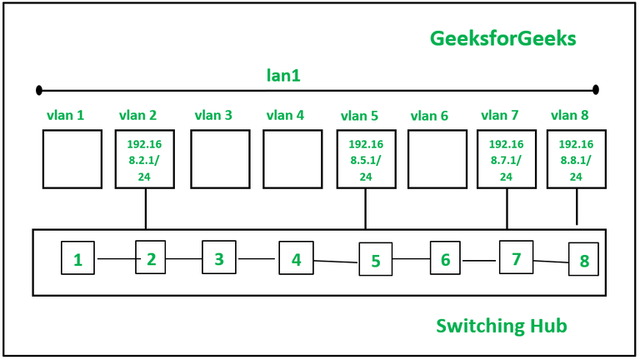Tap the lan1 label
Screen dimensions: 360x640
[x=283, y=75]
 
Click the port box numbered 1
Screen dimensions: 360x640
[x=77, y=259]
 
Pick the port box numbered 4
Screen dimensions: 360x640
[x=296, y=259]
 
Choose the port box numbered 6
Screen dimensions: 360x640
[x=445, y=259]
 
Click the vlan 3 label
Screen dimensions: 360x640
[x=213, y=115]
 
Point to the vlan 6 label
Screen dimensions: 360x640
[x=429, y=116]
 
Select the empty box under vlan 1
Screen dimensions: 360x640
[x=72, y=158]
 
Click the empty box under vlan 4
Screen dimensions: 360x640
[x=292, y=158]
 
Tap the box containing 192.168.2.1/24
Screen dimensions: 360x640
[x=146, y=158]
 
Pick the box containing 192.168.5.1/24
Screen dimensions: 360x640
[x=366, y=158]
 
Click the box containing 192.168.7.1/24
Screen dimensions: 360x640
[x=506, y=158]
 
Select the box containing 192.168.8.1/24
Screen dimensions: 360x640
[x=576, y=158]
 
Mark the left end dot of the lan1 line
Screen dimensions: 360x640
[x=39, y=89]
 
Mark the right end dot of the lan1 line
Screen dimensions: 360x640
[x=595, y=89]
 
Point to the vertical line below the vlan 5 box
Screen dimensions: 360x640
[x=366, y=208]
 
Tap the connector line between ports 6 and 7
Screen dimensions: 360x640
[x=479, y=260]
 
